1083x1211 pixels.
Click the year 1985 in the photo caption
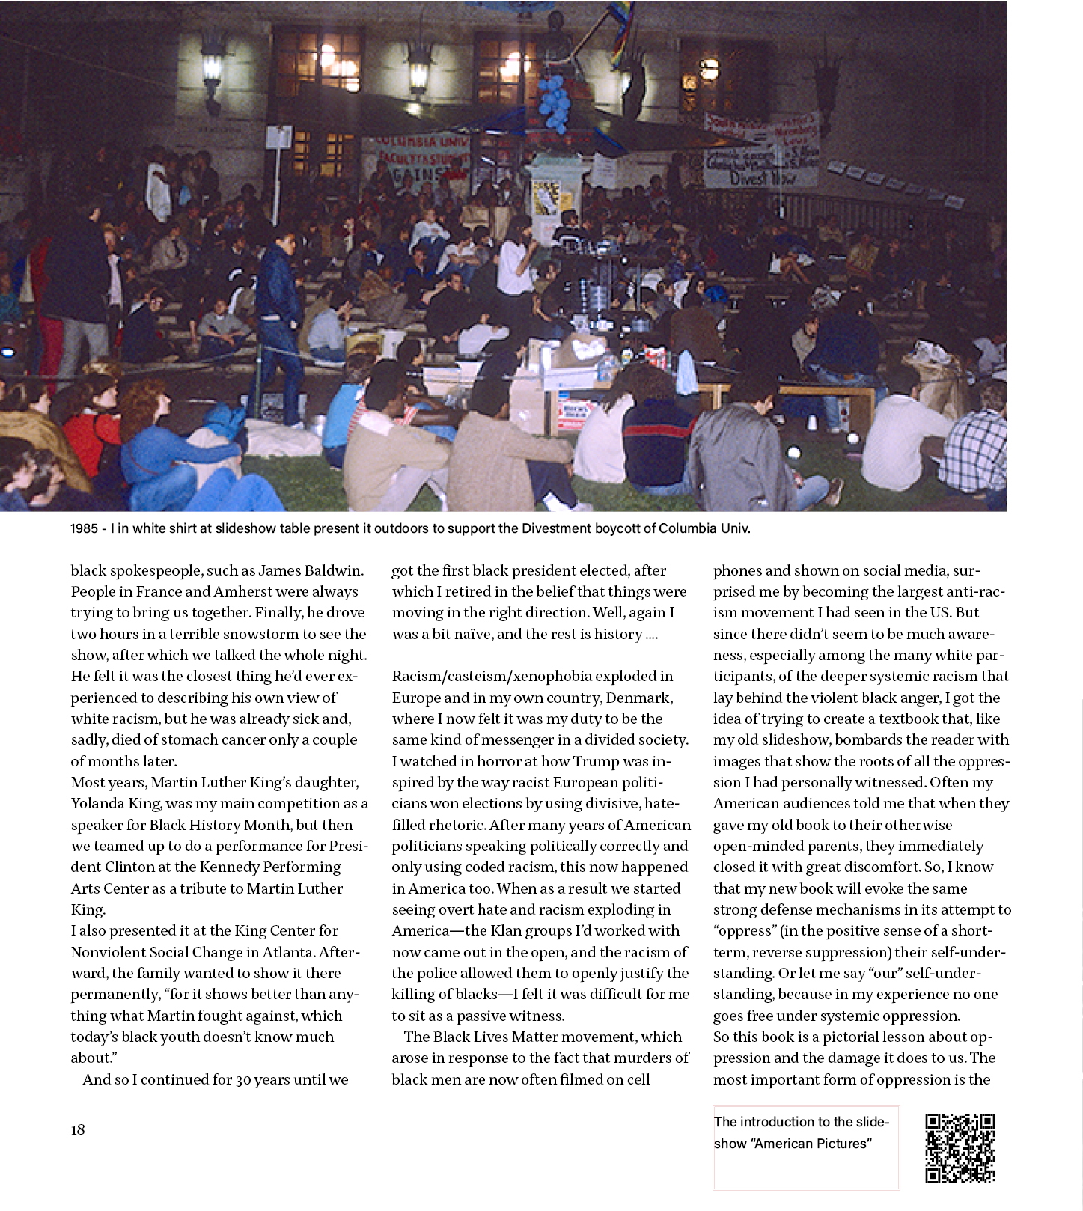(84, 528)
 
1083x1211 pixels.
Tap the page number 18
(78, 1129)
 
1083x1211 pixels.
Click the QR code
(960, 1148)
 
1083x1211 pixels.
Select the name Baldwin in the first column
(334, 570)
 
